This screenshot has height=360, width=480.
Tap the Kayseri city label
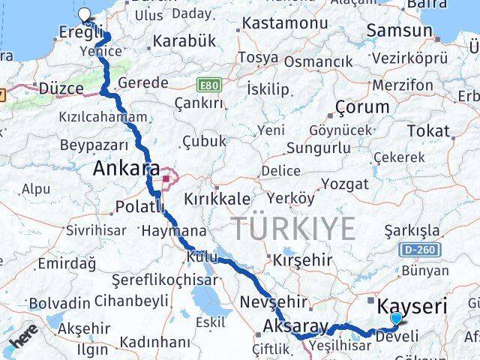click(x=412, y=307)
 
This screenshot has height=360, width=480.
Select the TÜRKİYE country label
click(x=292, y=228)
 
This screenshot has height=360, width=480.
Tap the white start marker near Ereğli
click(x=83, y=14)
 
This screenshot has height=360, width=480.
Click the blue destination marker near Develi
click(x=395, y=319)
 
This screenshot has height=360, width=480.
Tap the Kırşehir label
click(x=302, y=259)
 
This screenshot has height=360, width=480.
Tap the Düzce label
click(x=61, y=88)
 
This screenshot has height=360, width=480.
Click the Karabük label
click(x=184, y=40)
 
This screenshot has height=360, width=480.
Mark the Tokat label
click(x=428, y=131)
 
